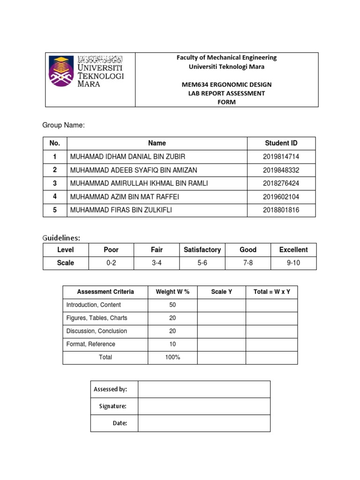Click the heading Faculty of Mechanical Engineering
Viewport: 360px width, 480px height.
226,58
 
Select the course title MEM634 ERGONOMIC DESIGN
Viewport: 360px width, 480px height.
226,84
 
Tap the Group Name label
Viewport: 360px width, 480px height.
63,125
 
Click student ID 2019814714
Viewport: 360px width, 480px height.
281,156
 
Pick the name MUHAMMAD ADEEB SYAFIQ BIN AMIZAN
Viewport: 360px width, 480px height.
133,170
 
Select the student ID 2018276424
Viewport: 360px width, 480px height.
281,183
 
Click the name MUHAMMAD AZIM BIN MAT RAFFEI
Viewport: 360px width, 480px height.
124,197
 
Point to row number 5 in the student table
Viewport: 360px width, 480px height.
55,210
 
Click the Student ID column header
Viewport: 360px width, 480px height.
281,143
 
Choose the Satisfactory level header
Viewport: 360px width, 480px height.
202,250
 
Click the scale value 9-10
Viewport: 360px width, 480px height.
293,263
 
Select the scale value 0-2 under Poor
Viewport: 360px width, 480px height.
111,263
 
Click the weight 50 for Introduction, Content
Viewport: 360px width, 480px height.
172,305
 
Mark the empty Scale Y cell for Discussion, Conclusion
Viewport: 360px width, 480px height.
221,331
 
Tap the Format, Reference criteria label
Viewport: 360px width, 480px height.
90,344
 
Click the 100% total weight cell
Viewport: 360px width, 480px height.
172,357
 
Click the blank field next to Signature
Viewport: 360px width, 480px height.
204,406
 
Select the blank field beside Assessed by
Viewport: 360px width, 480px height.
204,389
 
